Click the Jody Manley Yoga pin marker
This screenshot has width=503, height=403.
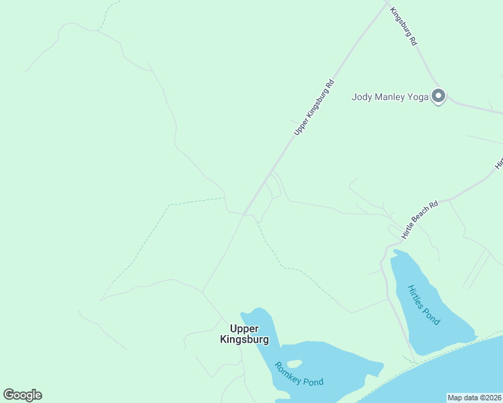[x=438, y=96]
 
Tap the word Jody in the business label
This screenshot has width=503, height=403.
[x=362, y=97]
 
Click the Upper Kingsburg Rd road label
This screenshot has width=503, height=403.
[x=314, y=107]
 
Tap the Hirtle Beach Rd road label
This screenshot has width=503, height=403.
[x=420, y=220]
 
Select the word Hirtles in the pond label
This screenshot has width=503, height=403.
[x=416, y=297]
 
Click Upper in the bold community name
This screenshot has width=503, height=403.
[x=244, y=328]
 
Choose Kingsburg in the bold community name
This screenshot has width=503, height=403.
[x=244, y=339]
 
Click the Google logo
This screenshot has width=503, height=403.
[x=22, y=395]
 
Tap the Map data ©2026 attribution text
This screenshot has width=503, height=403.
[x=475, y=398]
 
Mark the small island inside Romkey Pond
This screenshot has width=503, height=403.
[x=295, y=363]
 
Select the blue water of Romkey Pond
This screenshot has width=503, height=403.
[x=336, y=359]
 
